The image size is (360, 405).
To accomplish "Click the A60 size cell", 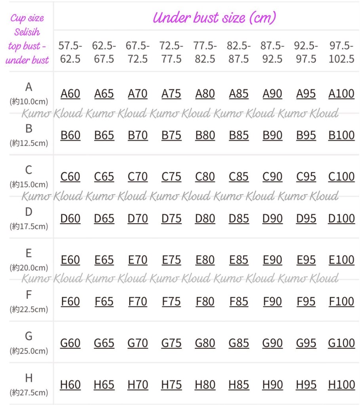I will click(x=70, y=94).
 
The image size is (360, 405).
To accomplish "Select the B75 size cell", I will click(x=171, y=135).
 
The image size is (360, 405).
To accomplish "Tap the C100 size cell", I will click(x=341, y=177).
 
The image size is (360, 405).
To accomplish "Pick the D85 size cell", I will click(x=239, y=219).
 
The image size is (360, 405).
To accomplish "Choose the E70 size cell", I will click(x=137, y=260).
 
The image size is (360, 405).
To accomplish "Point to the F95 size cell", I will click(x=306, y=302).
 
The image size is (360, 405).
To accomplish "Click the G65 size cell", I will click(x=104, y=343).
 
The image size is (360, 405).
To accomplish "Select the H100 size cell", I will click(x=341, y=384).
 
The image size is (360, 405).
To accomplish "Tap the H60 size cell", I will click(x=70, y=384).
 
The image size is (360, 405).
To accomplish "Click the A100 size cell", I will click(x=341, y=94).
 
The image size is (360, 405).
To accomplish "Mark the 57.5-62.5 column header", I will click(x=70, y=52).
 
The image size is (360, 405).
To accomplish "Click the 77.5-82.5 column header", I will click(x=205, y=52).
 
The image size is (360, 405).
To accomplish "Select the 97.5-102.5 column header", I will click(x=341, y=52).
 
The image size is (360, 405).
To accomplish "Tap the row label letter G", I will click(x=29, y=337).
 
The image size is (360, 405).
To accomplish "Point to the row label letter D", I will click(x=29, y=212).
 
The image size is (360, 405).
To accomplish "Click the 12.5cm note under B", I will click(x=29, y=143).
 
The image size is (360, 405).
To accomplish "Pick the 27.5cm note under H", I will click(x=29, y=392).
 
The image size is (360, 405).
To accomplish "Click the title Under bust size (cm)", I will click(x=214, y=17).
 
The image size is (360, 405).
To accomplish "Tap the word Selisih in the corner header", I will click(x=27, y=32).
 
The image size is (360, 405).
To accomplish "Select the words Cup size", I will click(x=27, y=18).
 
